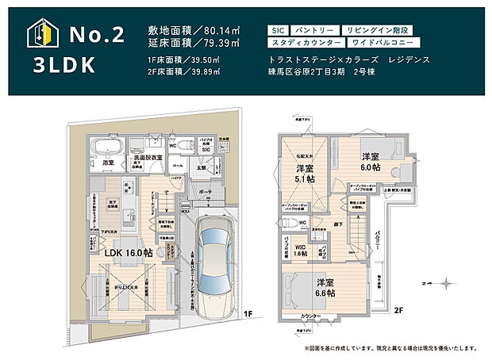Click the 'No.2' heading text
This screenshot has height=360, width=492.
[x=97, y=35]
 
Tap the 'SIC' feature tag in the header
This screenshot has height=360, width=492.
[x=279, y=29]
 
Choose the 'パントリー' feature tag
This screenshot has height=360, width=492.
[x=314, y=29]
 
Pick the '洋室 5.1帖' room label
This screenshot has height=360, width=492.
[x=306, y=174]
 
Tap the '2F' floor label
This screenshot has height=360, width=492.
[x=399, y=311]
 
